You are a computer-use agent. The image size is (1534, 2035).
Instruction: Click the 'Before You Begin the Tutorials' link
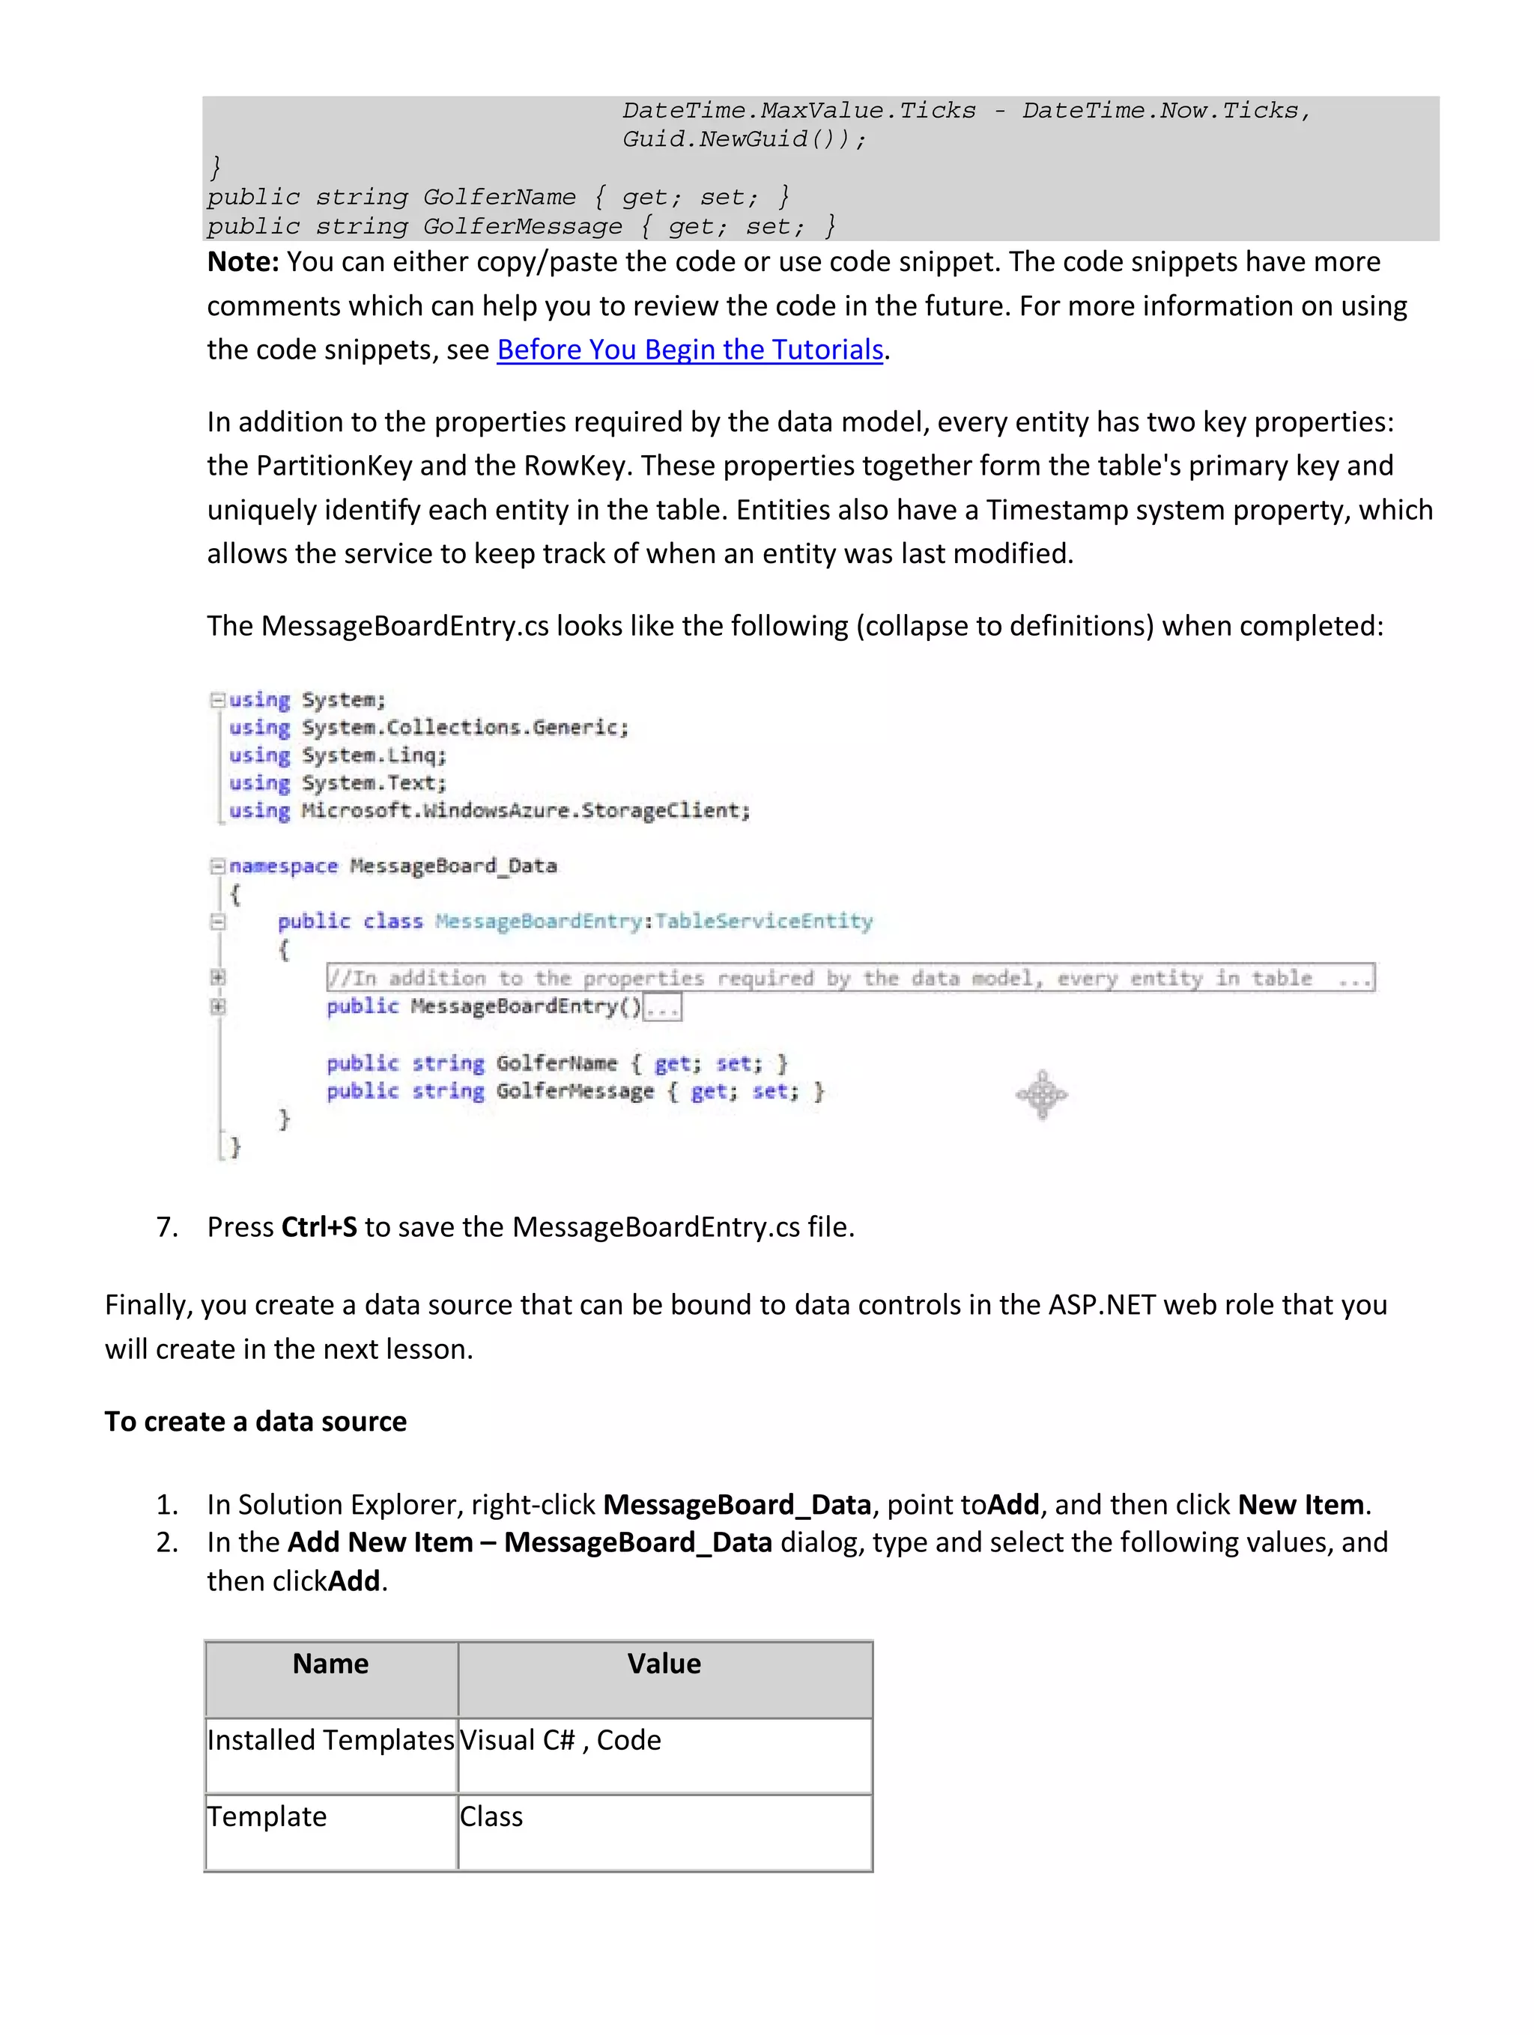click(x=689, y=350)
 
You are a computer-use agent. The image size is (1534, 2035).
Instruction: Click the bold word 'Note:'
click(x=242, y=262)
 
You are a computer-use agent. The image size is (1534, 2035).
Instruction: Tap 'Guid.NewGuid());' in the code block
click(x=744, y=139)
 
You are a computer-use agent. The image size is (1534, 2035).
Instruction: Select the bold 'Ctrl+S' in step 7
click(x=318, y=1226)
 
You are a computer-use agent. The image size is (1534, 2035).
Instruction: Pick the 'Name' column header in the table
click(x=330, y=1664)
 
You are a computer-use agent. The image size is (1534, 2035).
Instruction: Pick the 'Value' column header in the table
click(x=664, y=1664)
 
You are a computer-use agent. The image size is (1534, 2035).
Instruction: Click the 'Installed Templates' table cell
click(x=330, y=1740)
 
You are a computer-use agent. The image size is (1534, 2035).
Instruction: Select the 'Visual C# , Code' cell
click(x=560, y=1740)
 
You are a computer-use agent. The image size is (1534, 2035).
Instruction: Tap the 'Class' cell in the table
click(x=491, y=1816)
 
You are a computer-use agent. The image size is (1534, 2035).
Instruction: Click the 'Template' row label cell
click(x=267, y=1816)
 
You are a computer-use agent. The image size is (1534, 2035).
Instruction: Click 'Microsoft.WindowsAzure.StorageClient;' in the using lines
click(x=526, y=811)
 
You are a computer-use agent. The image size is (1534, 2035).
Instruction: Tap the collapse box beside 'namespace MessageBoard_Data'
click(x=217, y=866)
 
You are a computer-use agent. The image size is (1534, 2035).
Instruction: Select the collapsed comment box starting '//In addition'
click(x=849, y=977)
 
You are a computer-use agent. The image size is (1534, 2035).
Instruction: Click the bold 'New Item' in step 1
click(x=1300, y=1504)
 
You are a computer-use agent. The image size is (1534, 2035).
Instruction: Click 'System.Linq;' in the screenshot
click(x=374, y=755)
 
